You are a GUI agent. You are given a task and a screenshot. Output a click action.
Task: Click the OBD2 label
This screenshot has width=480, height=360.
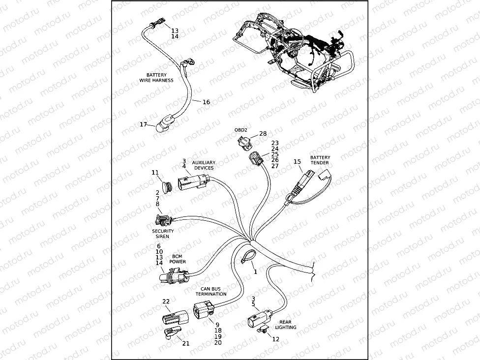point(240,130)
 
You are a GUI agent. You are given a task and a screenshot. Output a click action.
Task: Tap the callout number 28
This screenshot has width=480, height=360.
point(263,134)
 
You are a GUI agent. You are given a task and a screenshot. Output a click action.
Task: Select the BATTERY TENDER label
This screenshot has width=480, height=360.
point(320,160)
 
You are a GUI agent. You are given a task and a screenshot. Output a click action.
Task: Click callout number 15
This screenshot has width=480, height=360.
point(297,161)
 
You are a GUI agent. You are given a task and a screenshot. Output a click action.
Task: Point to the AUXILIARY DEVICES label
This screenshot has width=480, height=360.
point(204,165)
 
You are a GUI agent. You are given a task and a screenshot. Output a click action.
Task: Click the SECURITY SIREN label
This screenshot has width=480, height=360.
point(163,234)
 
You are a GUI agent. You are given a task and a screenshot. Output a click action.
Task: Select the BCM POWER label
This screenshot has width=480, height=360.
point(178,259)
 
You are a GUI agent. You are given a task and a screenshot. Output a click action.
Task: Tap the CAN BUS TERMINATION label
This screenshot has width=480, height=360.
point(213,292)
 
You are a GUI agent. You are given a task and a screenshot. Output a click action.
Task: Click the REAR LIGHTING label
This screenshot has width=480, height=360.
point(285,325)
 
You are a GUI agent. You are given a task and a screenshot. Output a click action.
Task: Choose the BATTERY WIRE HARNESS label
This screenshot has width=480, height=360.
point(160,78)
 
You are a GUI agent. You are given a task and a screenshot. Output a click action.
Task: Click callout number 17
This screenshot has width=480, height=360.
point(143,124)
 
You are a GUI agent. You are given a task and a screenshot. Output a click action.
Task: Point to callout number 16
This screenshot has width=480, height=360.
point(206,102)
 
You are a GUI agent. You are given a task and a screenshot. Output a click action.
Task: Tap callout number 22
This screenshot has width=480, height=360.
point(166,301)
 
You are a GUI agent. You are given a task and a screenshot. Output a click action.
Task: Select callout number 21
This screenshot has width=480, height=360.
point(186,343)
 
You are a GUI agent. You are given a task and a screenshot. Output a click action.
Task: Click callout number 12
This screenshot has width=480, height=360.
point(275,339)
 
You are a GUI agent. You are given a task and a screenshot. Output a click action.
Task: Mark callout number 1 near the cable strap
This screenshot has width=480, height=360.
point(255,271)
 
